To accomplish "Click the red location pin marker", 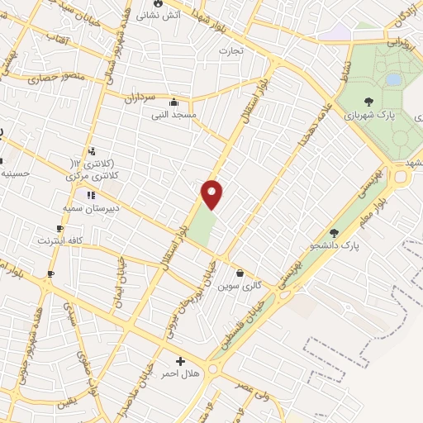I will [212, 193].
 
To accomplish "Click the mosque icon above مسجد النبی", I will [173, 102].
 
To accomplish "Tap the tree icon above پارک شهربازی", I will [368, 102].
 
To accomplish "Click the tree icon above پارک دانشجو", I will [334, 232].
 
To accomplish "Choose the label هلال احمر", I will [181, 375].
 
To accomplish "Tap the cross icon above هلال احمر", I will [180, 362].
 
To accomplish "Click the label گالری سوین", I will [240, 285].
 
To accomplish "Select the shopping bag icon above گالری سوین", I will [240, 273].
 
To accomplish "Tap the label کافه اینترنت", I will [59, 241].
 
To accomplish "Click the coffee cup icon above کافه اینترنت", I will [59, 228].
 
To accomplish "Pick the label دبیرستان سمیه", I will [92, 208].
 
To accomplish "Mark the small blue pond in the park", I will [393, 78].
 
